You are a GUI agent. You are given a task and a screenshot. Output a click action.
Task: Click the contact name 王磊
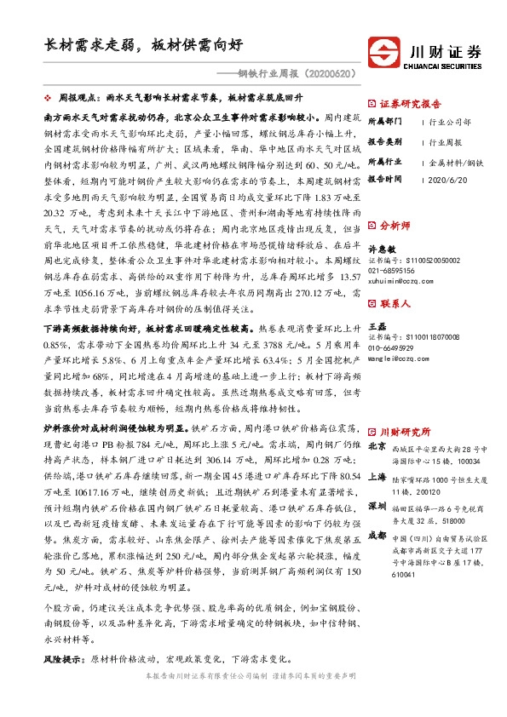375,326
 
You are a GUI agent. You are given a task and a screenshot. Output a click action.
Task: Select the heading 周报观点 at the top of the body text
79,99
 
